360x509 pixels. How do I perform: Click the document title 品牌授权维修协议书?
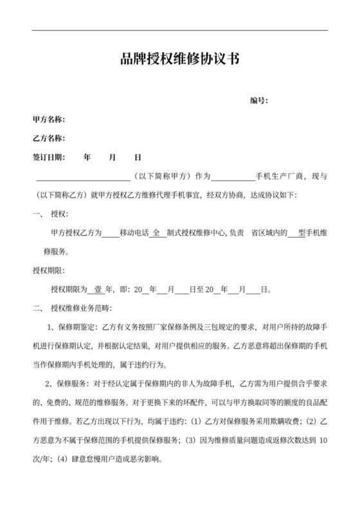180,60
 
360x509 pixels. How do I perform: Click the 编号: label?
258,100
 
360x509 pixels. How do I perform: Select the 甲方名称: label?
49,120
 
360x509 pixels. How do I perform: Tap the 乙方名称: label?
49,138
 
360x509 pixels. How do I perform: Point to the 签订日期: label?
49,157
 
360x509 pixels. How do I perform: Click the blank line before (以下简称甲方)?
83,176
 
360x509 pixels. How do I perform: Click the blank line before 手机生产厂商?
233,176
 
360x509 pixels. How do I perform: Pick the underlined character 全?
156,233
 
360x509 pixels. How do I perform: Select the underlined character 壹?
98,289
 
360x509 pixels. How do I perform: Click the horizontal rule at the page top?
180,30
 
